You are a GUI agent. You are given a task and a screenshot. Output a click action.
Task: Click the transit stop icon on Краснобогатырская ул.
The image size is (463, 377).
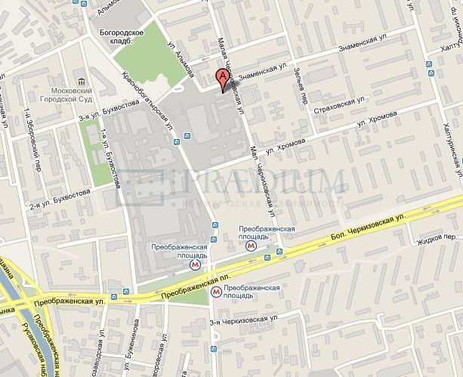(177, 139)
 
